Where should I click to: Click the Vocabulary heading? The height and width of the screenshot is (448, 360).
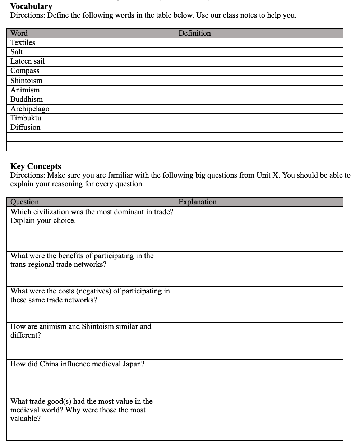(31, 6)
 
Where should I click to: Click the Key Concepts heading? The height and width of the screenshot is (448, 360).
(36, 166)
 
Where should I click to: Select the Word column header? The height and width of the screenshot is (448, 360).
(19, 33)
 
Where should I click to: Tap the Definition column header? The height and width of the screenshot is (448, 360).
(194, 33)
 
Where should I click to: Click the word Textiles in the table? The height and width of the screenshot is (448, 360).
(23, 42)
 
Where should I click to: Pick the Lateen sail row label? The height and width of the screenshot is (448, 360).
(27, 61)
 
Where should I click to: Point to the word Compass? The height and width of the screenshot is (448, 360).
(25, 71)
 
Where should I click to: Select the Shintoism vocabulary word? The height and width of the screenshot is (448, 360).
(26, 81)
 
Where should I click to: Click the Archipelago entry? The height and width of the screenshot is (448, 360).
(30, 109)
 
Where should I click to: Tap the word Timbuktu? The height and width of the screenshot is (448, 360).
(26, 118)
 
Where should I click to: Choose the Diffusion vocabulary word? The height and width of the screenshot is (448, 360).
(25, 127)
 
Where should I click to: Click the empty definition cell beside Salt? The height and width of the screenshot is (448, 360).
(259, 52)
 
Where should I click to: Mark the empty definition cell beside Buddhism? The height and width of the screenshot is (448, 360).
(259, 100)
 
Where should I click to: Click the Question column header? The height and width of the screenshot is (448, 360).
(24, 202)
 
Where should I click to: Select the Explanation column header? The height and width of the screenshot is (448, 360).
(198, 202)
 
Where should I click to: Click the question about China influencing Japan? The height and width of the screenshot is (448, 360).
(77, 364)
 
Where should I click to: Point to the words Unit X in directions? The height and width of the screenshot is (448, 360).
(266, 175)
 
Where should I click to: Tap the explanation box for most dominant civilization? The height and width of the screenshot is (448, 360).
(259, 229)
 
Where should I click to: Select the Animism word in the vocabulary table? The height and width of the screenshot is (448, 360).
(25, 90)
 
